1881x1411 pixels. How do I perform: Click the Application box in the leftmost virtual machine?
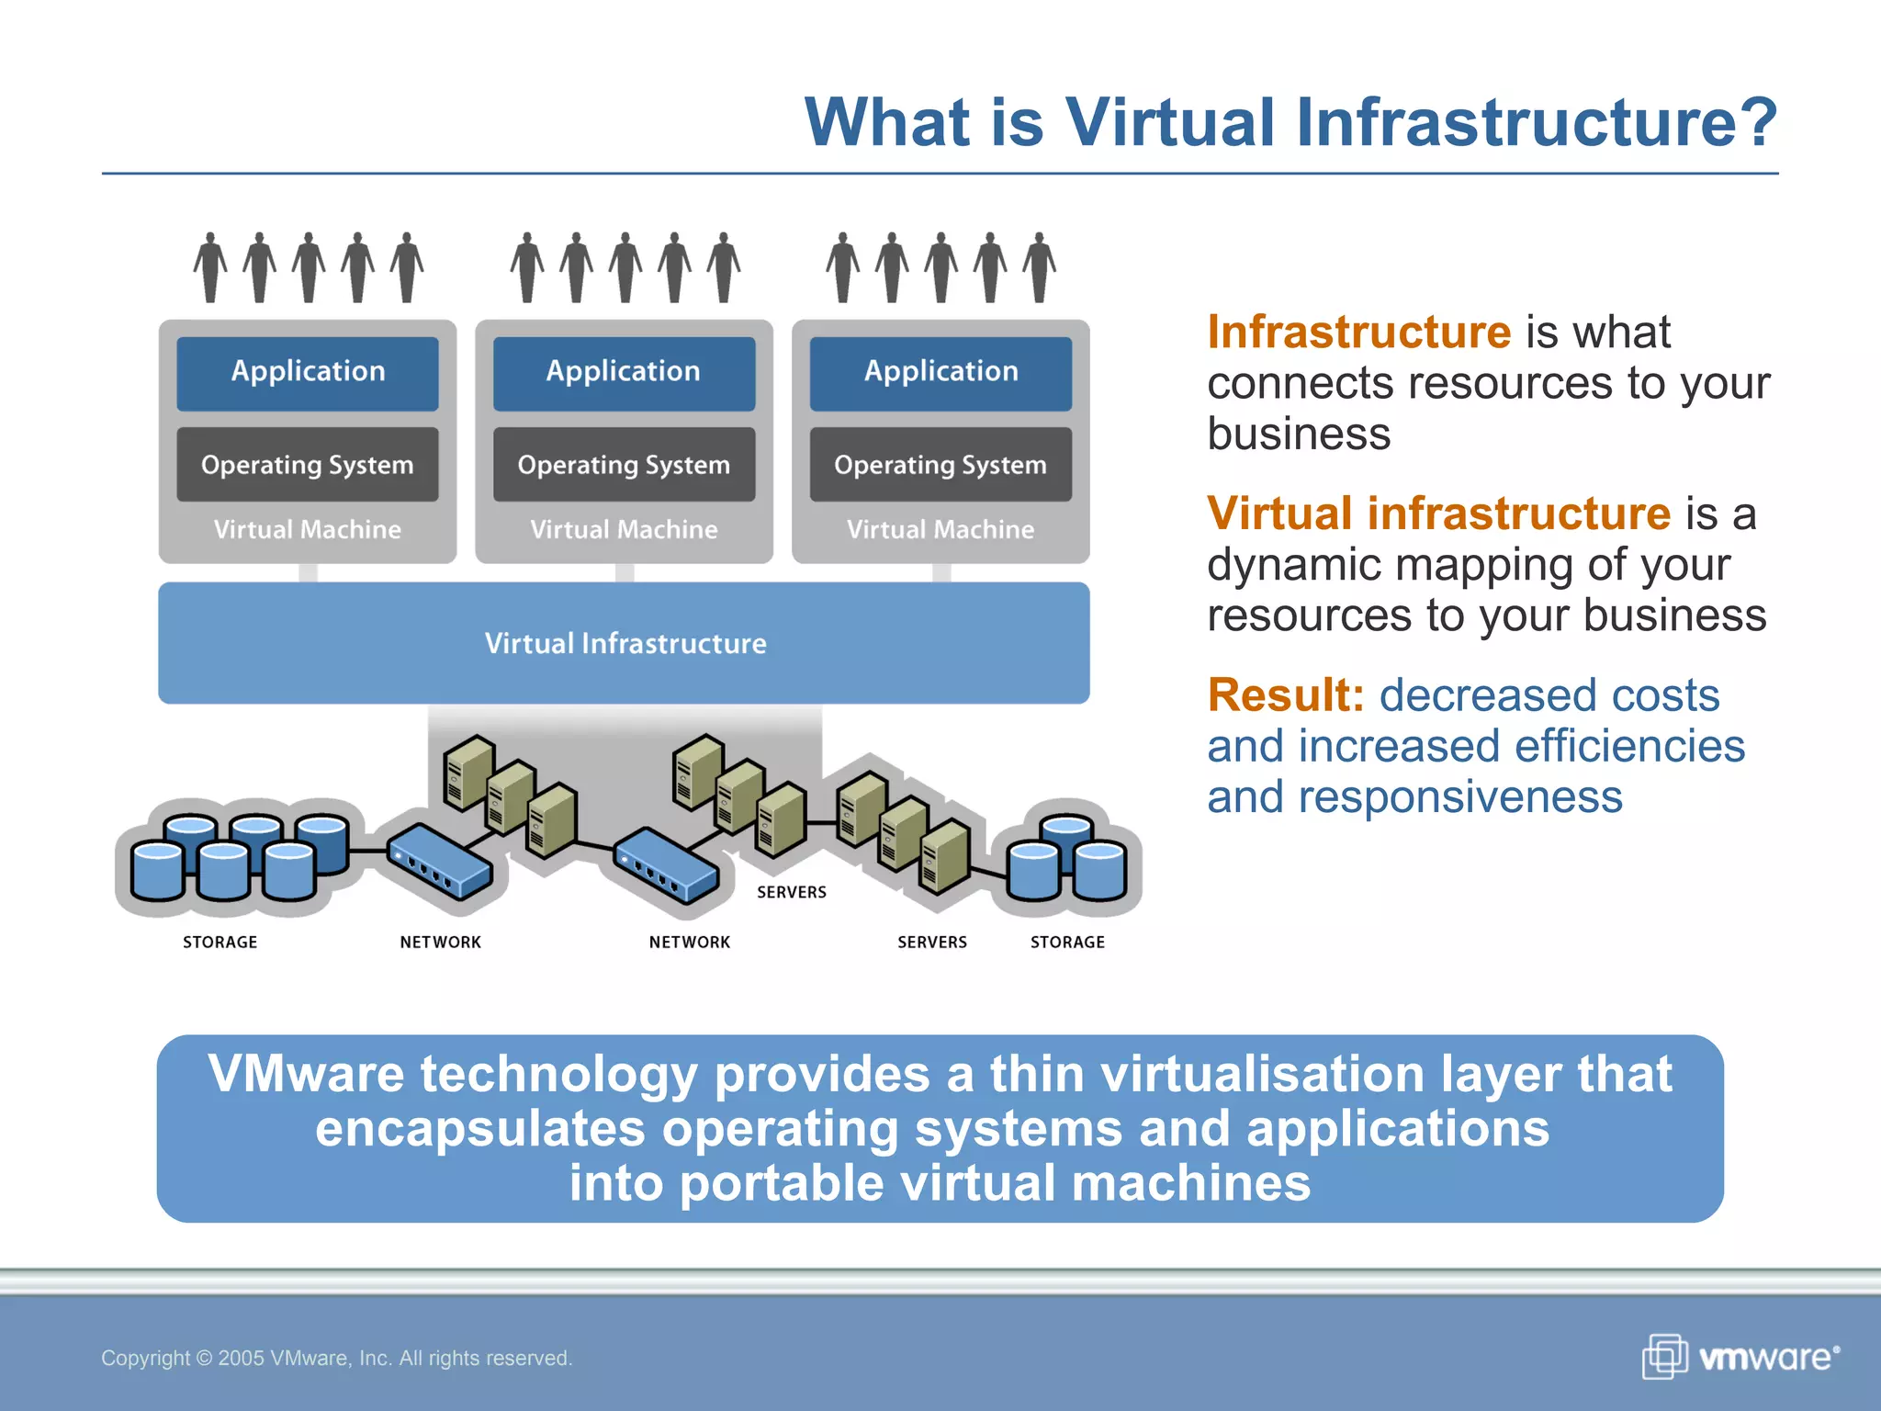(x=308, y=372)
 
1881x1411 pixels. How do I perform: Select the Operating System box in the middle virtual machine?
(x=624, y=465)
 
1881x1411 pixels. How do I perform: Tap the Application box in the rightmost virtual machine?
(x=940, y=372)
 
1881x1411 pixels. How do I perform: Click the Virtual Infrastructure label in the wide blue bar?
(x=625, y=643)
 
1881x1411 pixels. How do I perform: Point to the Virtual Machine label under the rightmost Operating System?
(x=940, y=529)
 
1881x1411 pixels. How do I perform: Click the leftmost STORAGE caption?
(x=220, y=942)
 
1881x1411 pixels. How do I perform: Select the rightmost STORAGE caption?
(x=1067, y=942)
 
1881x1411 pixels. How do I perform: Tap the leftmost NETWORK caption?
(x=440, y=942)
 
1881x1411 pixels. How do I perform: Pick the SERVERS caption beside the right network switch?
(x=791, y=892)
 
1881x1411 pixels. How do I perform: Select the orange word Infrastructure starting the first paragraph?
(x=1358, y=332)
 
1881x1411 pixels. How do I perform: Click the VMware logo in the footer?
(x=1740, y=1357)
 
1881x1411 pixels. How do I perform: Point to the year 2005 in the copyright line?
(x=242, y=1358)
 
